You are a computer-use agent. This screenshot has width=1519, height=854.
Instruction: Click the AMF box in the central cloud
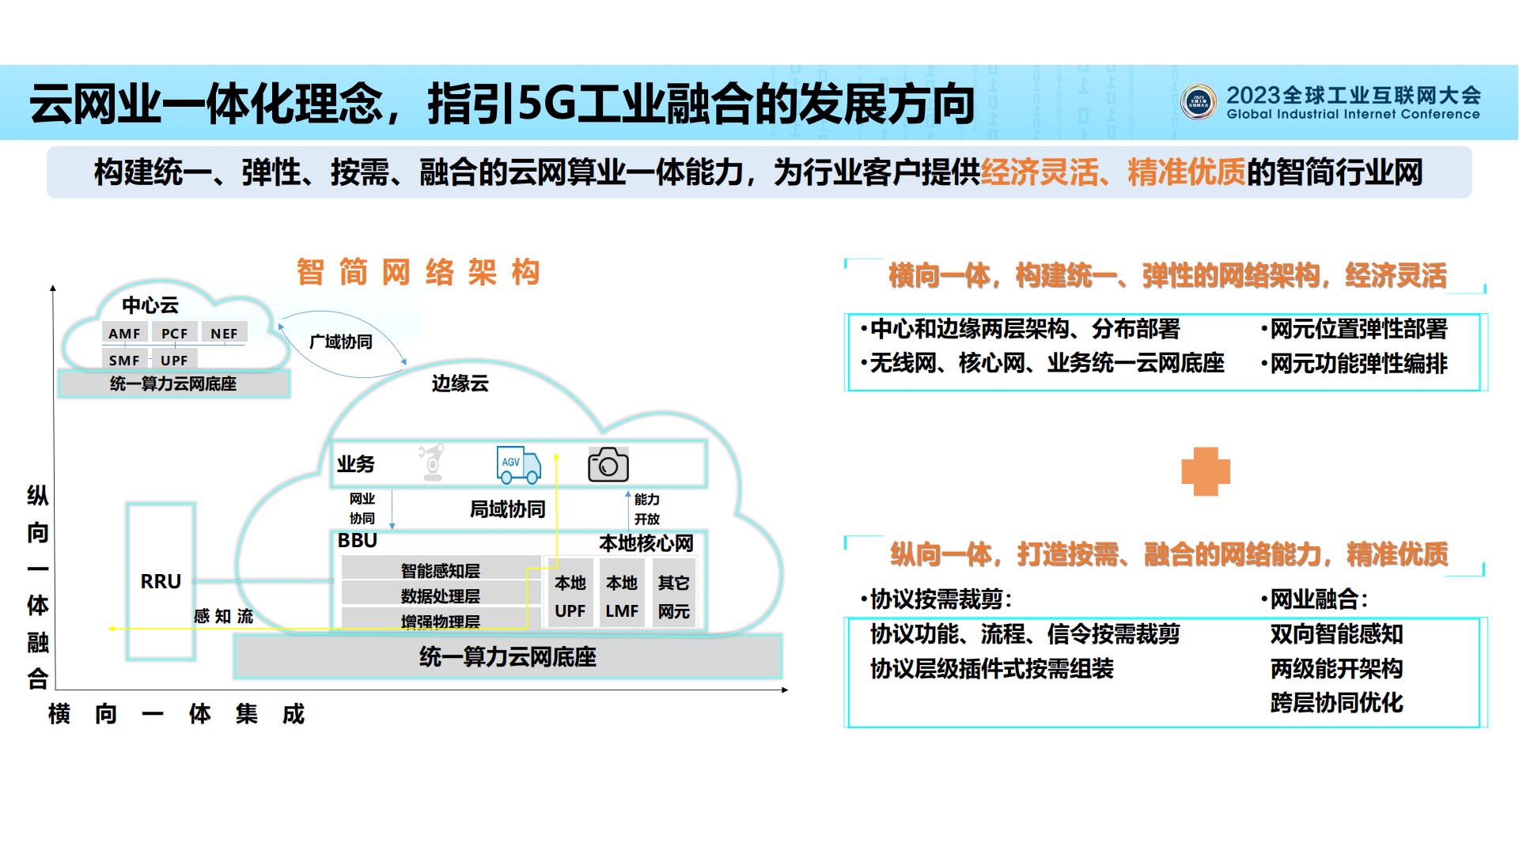pos(125,333)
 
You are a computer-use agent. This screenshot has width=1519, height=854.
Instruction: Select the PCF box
pos(175,333)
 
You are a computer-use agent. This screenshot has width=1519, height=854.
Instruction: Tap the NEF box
pos(224,333)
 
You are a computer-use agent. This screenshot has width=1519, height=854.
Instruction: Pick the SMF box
pos(124,360)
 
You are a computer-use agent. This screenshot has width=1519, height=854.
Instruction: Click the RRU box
pos(161,581)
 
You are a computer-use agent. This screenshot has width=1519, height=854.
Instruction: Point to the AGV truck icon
pos(518,464)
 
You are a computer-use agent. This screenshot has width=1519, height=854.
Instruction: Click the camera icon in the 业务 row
pos(608,465)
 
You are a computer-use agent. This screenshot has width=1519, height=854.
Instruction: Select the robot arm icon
pos(432,463)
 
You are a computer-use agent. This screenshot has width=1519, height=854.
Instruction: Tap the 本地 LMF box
pos(622,596)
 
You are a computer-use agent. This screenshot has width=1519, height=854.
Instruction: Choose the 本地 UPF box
pos(570,596)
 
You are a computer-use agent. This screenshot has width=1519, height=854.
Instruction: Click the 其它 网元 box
pos(674,596)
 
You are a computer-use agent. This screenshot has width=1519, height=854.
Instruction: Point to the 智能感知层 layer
pos(440,570)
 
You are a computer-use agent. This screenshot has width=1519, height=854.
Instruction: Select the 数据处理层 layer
pos(440,595)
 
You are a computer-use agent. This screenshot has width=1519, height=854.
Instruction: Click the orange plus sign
pos(1205,472)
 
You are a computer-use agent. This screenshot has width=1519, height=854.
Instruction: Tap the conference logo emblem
pos(1198,103)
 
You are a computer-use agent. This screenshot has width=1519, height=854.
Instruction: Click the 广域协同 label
pos(340,342)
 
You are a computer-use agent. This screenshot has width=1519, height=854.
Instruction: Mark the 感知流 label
pos(223,616)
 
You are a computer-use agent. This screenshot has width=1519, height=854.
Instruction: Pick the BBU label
pos(358,540)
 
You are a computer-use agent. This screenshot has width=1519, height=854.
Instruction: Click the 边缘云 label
pos(460,384)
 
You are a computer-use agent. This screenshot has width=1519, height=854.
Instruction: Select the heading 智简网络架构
pos(419,272)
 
